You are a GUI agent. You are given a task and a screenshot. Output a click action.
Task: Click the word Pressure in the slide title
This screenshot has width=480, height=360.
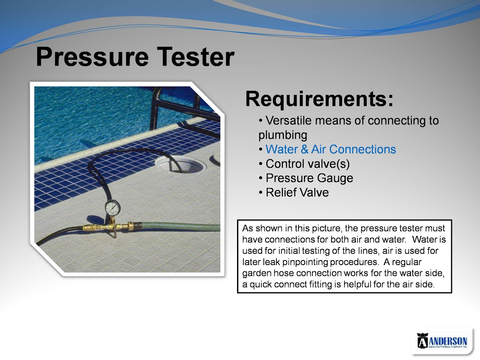tap(92, 56)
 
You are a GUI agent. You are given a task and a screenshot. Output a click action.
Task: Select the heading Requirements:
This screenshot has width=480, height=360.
tap(319, 99)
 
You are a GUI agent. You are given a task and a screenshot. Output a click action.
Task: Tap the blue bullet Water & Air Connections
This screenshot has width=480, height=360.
tap(331, 149)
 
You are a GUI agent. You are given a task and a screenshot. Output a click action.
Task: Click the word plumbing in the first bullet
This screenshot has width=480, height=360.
tap(283, 135)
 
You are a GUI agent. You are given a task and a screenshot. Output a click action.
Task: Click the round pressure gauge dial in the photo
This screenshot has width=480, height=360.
tap(112, 208)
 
